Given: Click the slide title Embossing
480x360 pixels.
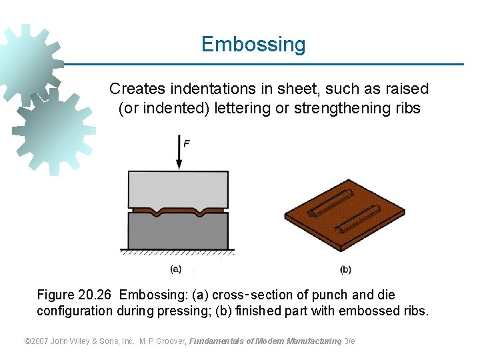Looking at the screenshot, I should tap(253, 44).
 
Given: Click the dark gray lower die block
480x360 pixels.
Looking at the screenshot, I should tap(177, 233).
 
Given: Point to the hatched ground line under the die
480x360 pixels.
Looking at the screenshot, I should tap(177, 253).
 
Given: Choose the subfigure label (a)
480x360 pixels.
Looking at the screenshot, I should tap(175, 269).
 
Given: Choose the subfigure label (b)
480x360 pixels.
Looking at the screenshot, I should tap(345, 269).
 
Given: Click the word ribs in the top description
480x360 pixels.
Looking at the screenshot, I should tap(407, 108).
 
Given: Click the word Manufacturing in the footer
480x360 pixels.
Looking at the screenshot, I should tap(313, 341).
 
